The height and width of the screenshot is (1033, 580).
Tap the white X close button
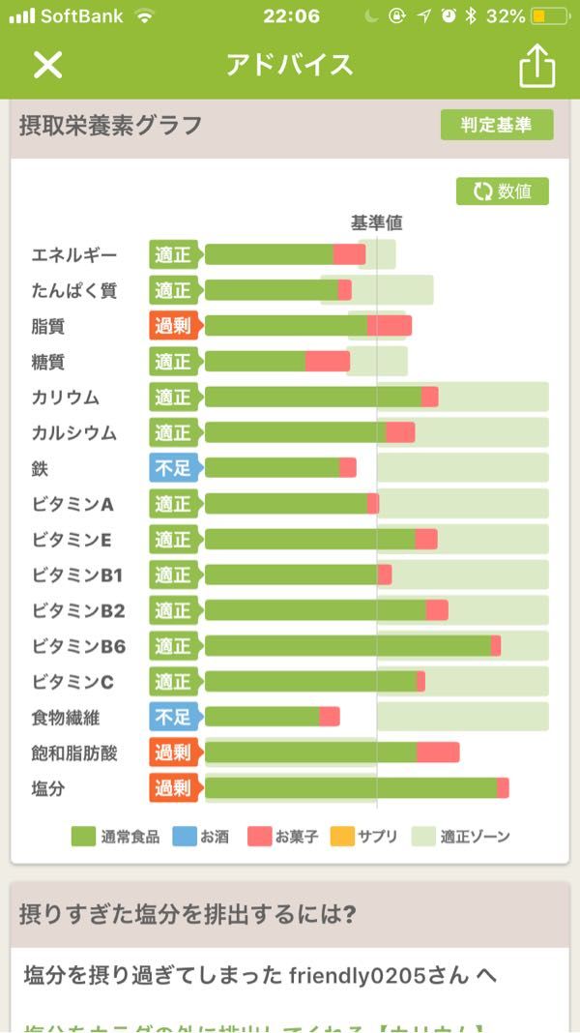click(x=47, y=65)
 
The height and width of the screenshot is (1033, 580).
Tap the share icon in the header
click(x=537, y=66)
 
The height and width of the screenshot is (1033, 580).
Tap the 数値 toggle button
click(x=502, y=192)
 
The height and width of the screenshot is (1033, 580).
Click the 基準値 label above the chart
click(x=376, y=222)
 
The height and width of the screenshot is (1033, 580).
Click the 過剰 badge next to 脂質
click(x=173, y=326)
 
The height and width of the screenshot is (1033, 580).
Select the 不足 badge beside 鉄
click(x=173, y=468)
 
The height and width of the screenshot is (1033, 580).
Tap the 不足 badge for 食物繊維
click(x=173, y=717)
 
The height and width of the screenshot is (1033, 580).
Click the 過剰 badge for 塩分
click(x=173, y=788)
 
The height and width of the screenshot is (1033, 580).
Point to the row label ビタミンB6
click(x=78, y=646)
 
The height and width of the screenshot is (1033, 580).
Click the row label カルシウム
click(x=73, y=432)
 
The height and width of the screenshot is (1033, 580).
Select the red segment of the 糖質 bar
click(x=328, y=362)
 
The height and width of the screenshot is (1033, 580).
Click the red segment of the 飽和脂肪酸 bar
click(x=438, y=753)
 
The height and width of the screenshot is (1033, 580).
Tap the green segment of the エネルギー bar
click(x=269, y=254)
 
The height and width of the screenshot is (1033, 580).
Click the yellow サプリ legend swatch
click(x=342, y=836)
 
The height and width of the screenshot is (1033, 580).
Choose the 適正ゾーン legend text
click(x=475, y=837)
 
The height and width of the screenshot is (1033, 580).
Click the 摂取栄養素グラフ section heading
click(x=111, y=125)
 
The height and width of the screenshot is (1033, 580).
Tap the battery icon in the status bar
click(x=550, y=16)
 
